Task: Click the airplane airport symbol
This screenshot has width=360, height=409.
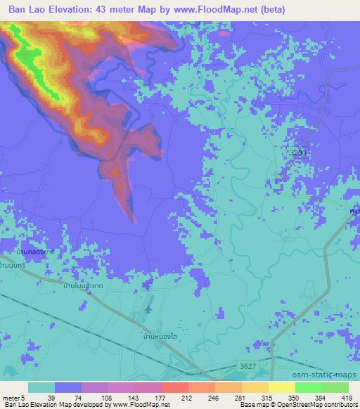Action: tap(148, 307)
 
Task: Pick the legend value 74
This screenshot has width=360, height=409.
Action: tap(67, 397)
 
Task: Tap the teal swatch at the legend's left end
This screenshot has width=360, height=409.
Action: tap(41, 387)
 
